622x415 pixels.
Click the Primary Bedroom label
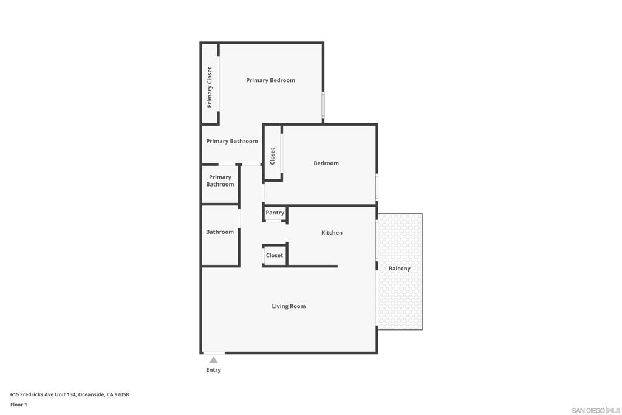pyautogui.click(x=270, y=80)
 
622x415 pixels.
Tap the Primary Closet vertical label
pyautogui.click(x=210, y=87)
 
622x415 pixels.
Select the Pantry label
pyautogui.click(x=275, y=213)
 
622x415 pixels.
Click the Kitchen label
pyautogui.click(x=332, y=233)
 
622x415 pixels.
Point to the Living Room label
pyautogui.click(x=289, y=306)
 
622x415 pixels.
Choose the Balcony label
pyautogui.click(x=399, y=269)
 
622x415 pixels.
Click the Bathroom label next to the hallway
pyautogui.click(x=219, y=232)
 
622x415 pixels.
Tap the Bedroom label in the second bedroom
pyautogui.click(x=326, y=163)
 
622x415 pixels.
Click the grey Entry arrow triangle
pyautogui.click(x=213, y=360)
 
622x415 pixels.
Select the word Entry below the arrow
pyautogui.click(x=213, y=370)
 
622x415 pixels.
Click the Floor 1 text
pyautogui.click(x=19, y=405)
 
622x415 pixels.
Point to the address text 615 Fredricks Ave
pyautogui.click(x=43, y=394)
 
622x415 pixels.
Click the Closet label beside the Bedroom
pyautogui.click(x=273, y=156)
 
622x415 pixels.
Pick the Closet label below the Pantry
pyautogui.click(x=274, y=255)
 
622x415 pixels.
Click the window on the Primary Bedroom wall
pyautogui.click(x=323, y=105)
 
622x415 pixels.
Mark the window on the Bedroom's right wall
pyautogui.click(x=377, y=187)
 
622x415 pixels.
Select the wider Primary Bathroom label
pyautogui.click(x=231, y=141)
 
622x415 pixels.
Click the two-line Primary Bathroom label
pyautogui.click(x=220, y=180)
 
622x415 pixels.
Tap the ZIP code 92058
pyautogui.click(x=121, y=394)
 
